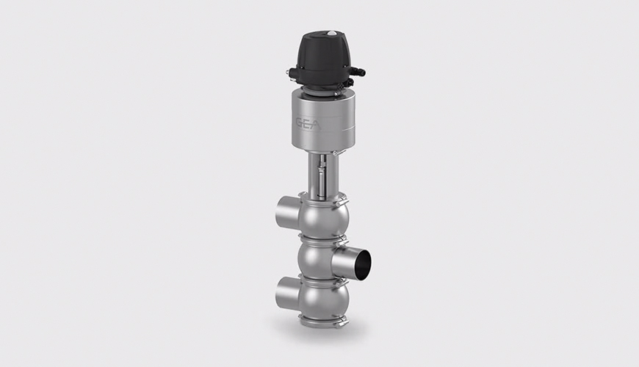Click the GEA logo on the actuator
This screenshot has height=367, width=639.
pos(308,124)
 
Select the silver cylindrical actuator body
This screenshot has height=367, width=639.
pos(318,120)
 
